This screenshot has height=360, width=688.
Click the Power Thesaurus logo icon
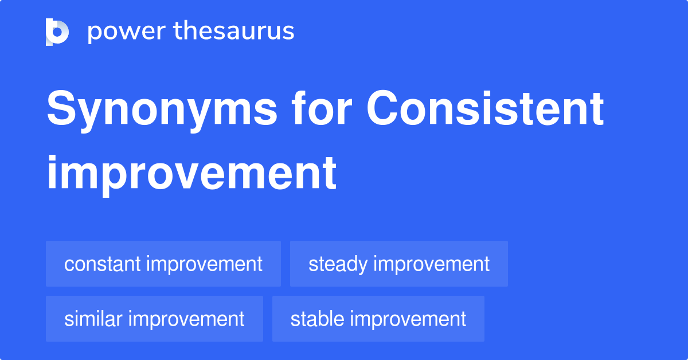(57, 32)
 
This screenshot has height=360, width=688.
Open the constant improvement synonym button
(163, 264)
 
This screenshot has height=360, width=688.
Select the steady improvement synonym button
(399, 264)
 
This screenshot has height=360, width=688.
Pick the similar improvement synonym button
(154, 319)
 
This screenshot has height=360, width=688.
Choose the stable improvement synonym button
(378, 319)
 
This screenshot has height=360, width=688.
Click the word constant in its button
(103, 264)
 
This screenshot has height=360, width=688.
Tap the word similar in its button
(93, 319)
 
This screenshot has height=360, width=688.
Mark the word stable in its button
(318, 319)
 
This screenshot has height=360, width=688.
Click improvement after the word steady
(432, 264)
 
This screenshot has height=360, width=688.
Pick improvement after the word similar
(187, 319)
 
